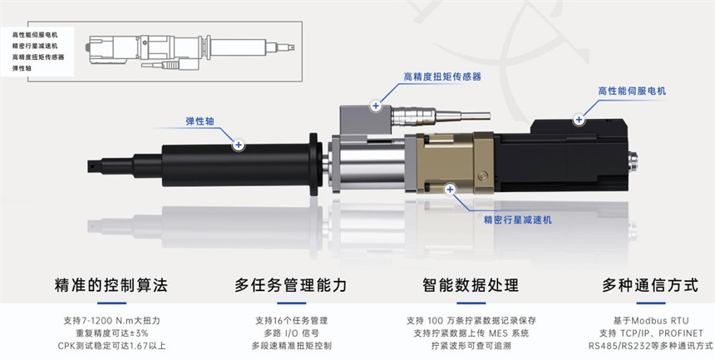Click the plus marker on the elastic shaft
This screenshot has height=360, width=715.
(238, 145)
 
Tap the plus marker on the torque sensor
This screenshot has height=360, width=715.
(376, 106)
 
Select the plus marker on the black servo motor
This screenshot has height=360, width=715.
(579, 120)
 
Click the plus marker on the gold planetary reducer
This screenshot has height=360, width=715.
(450, 189)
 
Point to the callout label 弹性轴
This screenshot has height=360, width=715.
(200, 121)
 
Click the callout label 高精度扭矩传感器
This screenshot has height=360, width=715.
(442, 76)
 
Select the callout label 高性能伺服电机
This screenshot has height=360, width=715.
(632, 91)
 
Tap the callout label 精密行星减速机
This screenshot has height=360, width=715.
(518, 220)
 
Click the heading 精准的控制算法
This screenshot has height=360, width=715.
(111, 285)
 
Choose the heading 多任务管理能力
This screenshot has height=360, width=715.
(291, 285)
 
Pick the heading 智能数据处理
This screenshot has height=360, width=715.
(471, 285)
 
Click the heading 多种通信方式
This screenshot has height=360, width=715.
(650, 285)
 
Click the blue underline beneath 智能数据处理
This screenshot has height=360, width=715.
(471, 303)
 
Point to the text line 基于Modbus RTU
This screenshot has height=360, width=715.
(651, 321)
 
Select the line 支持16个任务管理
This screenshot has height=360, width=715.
(291, 321)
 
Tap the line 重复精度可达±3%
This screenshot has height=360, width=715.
(111, 333)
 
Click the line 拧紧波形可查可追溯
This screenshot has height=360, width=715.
(471, 345)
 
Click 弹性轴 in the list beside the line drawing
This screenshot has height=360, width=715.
(22, 68)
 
